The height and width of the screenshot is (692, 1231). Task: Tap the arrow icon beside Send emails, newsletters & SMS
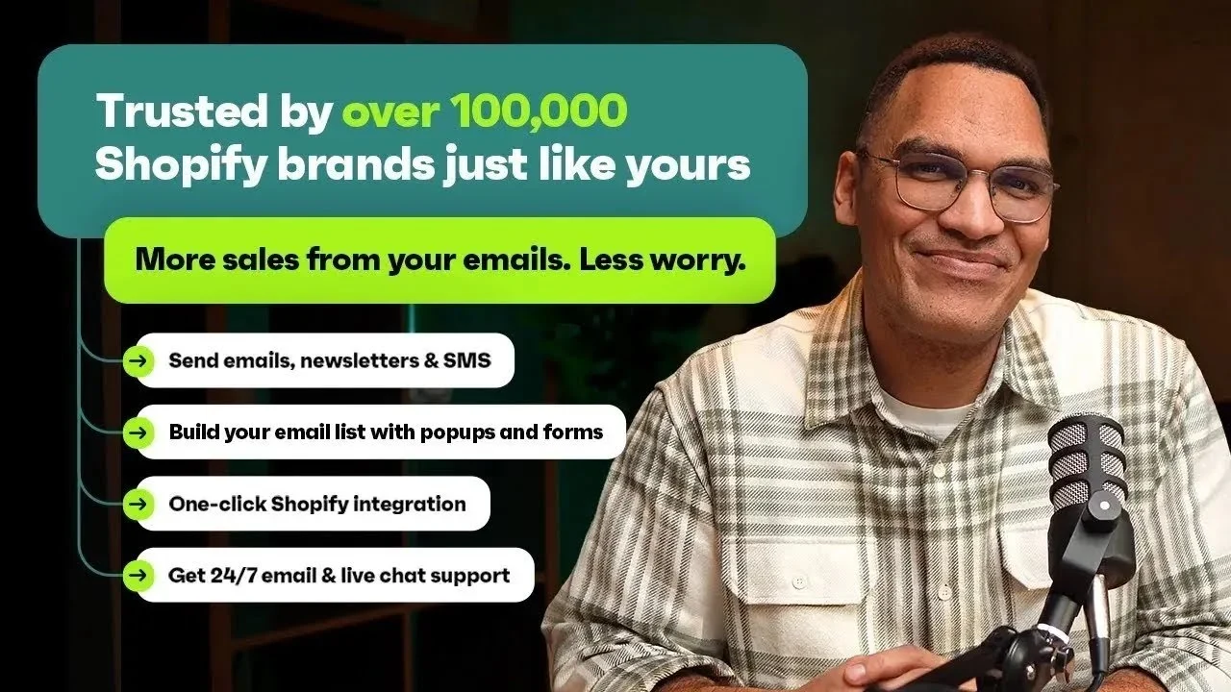pyautogui.click(x=139, y=361)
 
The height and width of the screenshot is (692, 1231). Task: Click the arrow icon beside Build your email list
pyautogui.click(x=139, y=432)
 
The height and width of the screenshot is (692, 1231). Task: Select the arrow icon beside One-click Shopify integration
pyautogui.click(x=139, y=504)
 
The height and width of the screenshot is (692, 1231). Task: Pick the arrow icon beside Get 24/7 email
pyautogui.click(x=139, y=576)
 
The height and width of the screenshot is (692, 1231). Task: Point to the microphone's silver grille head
pyautogui.click(x=1086, y=461)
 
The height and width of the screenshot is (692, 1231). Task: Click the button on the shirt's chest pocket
pyautogui.click(x=797, y=581)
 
